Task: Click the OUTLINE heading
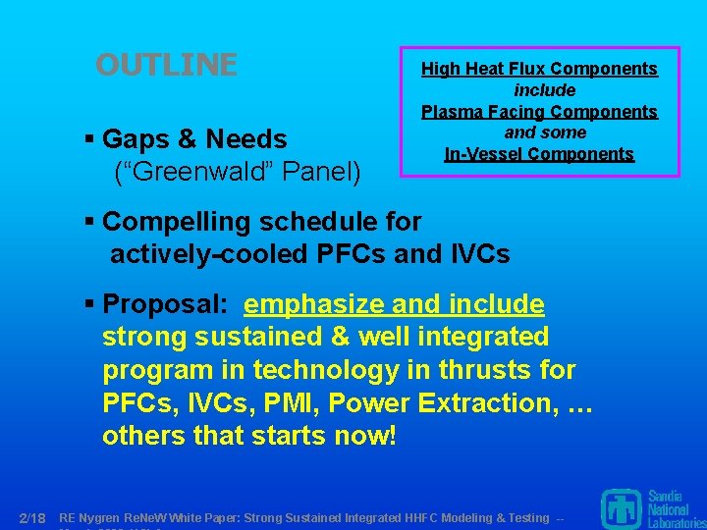click(x=166, y=65)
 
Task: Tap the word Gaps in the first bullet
click(x=137, y=139)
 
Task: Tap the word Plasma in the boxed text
click(x=451, y=112)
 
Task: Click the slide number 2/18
click(x=32, y=517)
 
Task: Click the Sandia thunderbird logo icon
click(x=621, y=506)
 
